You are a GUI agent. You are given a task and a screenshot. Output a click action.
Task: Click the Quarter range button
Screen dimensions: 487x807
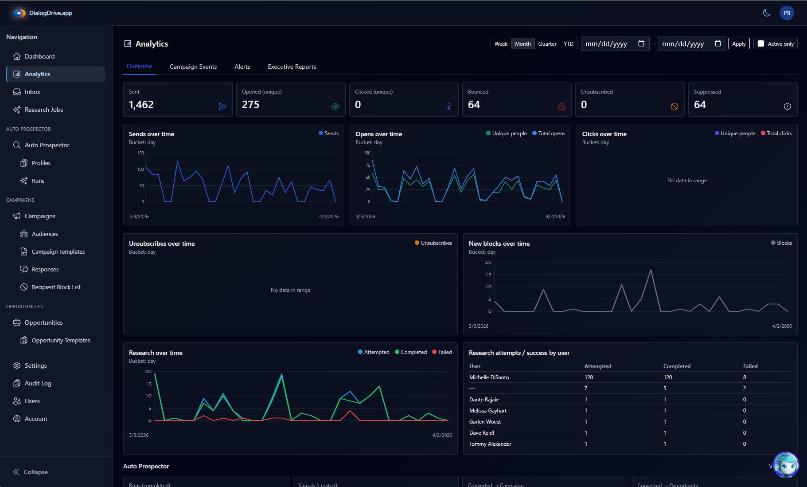547,44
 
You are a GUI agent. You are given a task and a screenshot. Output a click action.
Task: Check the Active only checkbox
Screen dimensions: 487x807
761,44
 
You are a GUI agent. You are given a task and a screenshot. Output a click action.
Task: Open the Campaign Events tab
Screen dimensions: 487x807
193,67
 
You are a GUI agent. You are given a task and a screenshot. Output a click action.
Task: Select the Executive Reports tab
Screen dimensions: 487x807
292,67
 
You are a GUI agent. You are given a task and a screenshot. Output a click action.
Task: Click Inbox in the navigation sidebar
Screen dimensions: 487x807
32,92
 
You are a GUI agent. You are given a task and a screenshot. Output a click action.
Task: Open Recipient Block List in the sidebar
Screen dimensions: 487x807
56,287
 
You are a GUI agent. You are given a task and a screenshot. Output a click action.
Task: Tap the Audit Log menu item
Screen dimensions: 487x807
38,383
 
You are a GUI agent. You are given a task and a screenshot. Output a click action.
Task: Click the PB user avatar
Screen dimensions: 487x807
787,13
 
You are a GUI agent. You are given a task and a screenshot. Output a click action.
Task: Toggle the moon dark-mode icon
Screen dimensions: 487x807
766,13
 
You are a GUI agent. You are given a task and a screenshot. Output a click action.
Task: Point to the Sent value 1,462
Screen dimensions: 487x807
141,105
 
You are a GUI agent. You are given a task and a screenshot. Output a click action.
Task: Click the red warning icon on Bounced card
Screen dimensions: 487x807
561,106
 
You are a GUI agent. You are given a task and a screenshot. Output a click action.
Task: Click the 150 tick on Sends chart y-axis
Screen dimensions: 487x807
140,153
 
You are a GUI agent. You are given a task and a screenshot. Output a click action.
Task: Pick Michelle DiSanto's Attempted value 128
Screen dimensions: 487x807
589,377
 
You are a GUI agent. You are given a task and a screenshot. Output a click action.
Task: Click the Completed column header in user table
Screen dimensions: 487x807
676,366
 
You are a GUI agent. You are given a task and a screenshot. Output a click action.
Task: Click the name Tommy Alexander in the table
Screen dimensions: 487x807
490,444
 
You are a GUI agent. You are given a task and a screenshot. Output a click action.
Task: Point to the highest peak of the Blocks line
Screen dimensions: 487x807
651,270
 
